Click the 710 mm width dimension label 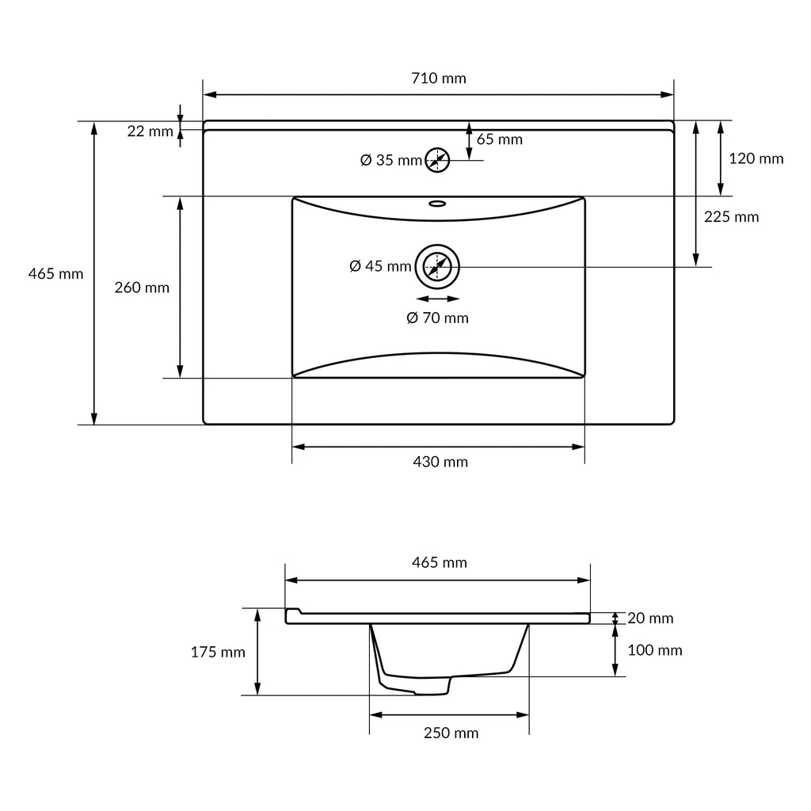(439, 78)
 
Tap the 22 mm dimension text (150, 131)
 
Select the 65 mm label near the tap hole (500, 139)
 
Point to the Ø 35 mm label (391, 160)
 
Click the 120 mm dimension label (756, 158)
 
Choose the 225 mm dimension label (731, 217)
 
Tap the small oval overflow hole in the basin (437, 204)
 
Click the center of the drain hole (437, 267)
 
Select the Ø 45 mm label (380, 266)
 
